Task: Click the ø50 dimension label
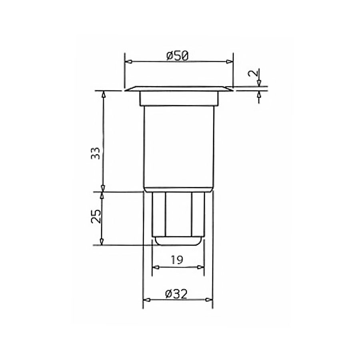coord(178,56)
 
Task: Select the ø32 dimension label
coord(176,294)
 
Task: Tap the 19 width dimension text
coord(177,260)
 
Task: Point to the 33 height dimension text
coord(96,153)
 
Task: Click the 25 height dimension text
coord(96,216)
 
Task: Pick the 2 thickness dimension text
coord(253,73)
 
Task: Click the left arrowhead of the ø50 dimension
coord(130,62)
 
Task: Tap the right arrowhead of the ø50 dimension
coord(229,61)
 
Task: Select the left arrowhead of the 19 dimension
coord(156,267)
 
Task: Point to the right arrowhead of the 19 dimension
coord(200,267)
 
